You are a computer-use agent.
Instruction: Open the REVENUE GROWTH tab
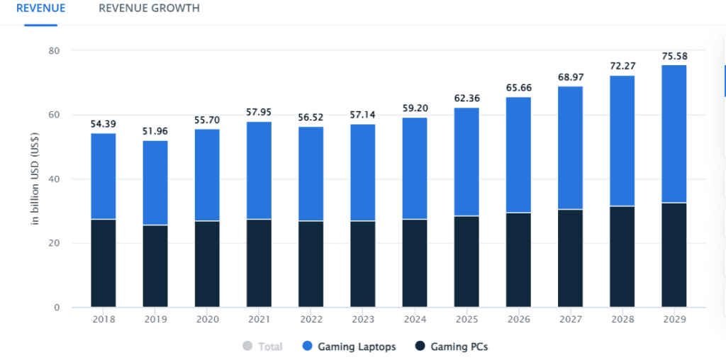pos(149,9)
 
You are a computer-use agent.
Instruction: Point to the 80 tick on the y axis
pos(54,51)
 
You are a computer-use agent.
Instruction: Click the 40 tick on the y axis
pos(54,179)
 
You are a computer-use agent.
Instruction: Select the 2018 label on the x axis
pos(104,319)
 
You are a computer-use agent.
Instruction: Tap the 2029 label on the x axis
pos(674,319)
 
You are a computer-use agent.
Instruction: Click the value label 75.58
pos(674,56)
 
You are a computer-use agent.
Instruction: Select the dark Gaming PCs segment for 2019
pos(155,266)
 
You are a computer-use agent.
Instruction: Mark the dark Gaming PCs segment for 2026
pos(518,259)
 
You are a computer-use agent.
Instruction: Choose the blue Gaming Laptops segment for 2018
pos(104,176)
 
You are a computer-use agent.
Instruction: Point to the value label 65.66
pos(518,88)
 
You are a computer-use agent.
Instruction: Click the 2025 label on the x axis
pos(467,319)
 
